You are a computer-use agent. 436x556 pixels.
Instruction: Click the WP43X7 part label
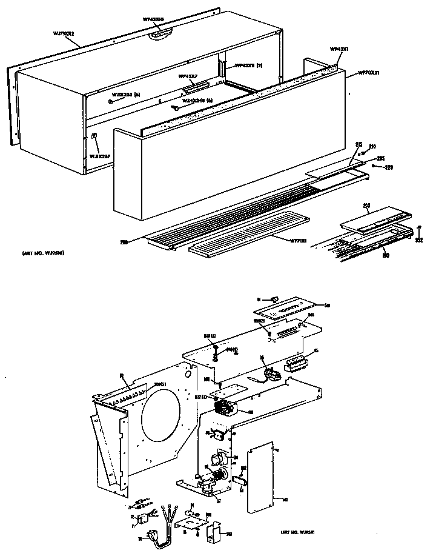(188, 77)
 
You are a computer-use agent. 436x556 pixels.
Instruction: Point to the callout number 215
(358, 144)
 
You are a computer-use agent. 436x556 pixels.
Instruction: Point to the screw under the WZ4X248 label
(174, 108)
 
